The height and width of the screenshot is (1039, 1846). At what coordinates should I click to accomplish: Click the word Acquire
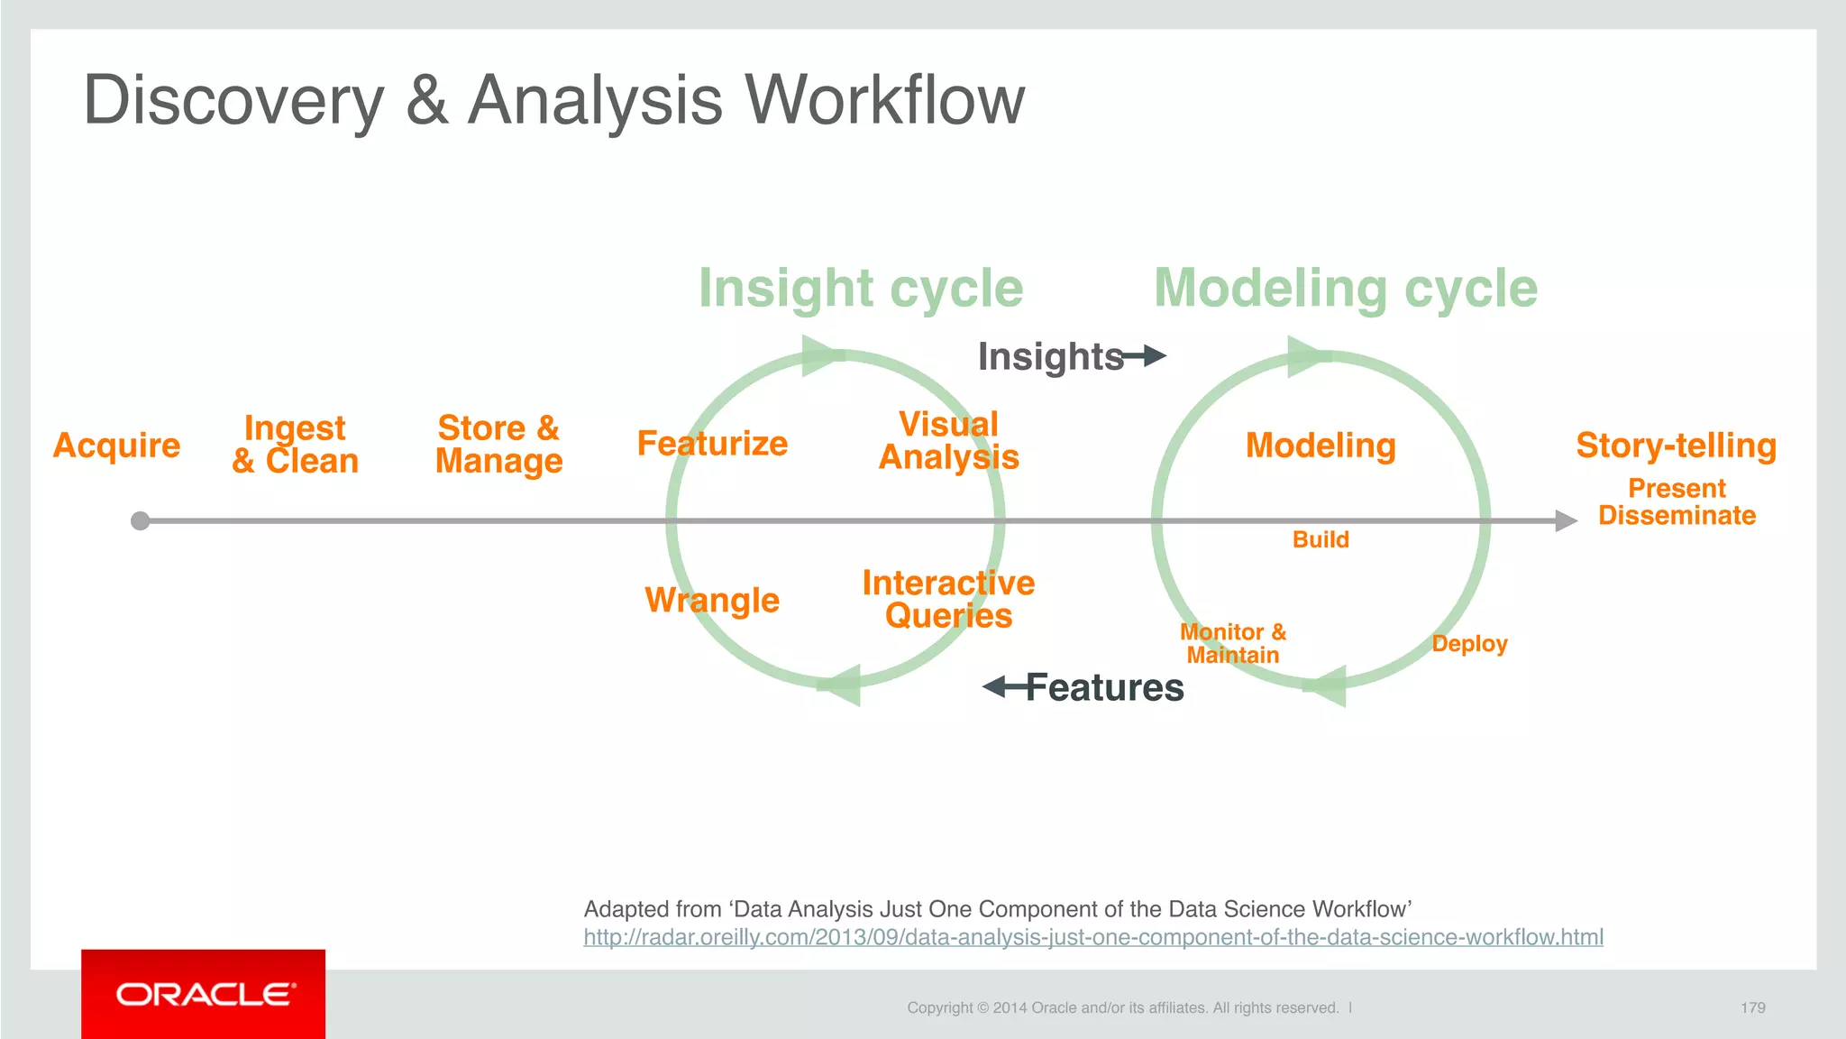(116, 446)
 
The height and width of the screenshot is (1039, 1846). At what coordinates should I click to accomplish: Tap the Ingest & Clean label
(295, 445)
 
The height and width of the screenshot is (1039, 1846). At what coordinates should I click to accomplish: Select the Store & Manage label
(498, 445)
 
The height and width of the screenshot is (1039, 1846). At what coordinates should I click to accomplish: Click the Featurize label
(712, 444)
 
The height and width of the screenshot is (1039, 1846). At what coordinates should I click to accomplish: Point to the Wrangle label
(712, 601)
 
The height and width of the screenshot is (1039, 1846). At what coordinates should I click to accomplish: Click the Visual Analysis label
(948, 441)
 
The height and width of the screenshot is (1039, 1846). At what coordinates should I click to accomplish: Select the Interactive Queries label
(948, 600)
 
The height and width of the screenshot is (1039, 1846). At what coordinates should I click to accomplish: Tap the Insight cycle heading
(861, 289)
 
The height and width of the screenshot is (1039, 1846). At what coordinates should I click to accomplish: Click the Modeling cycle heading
(1345, 289)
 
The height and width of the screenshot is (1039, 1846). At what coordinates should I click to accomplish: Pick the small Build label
(1321, 539)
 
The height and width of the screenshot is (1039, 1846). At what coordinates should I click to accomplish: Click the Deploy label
(1469, 644)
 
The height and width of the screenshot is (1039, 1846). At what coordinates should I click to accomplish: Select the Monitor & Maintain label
(1233, 644)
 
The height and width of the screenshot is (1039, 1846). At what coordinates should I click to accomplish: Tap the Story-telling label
(1676, 446)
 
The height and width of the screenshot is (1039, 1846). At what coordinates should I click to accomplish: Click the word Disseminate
(1677, 516)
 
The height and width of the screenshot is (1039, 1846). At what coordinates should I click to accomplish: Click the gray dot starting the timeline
(141, 521)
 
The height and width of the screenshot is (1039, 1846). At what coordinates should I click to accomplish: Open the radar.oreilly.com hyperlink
(1092, 938)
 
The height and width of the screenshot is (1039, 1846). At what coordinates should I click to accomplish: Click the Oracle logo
(204, 994)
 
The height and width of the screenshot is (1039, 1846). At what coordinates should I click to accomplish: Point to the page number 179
(1752, 1007)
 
